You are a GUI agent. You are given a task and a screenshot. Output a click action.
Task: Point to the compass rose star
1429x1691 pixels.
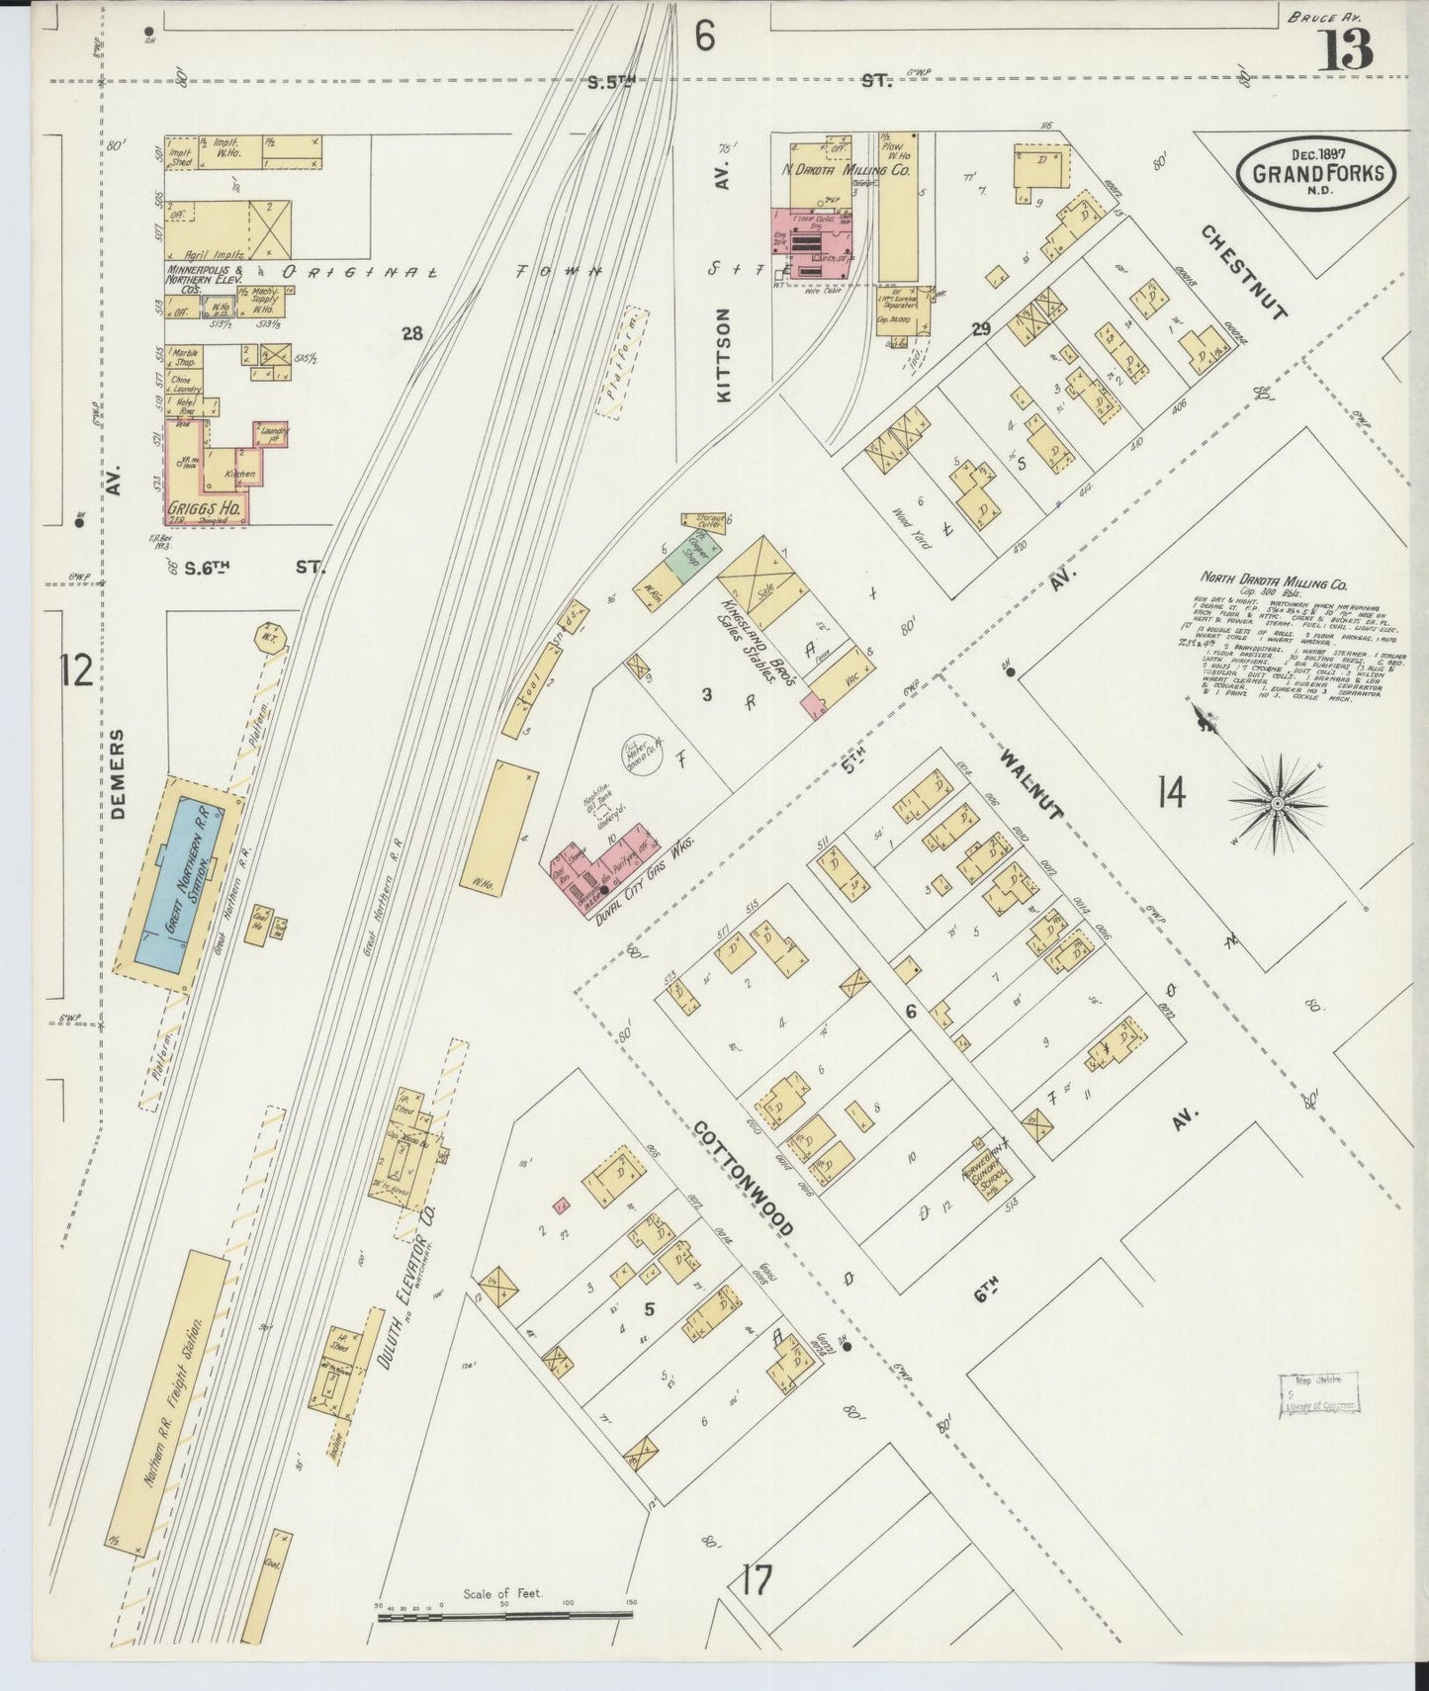[1276, 803]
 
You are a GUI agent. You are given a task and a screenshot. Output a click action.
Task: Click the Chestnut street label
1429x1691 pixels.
[1245, 271]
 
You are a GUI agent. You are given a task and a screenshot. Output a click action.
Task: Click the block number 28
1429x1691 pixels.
[412, 334]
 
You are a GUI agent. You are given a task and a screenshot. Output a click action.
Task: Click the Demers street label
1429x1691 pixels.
[121, 774]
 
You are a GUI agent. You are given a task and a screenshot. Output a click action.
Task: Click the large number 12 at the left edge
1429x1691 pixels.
[76, 671]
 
